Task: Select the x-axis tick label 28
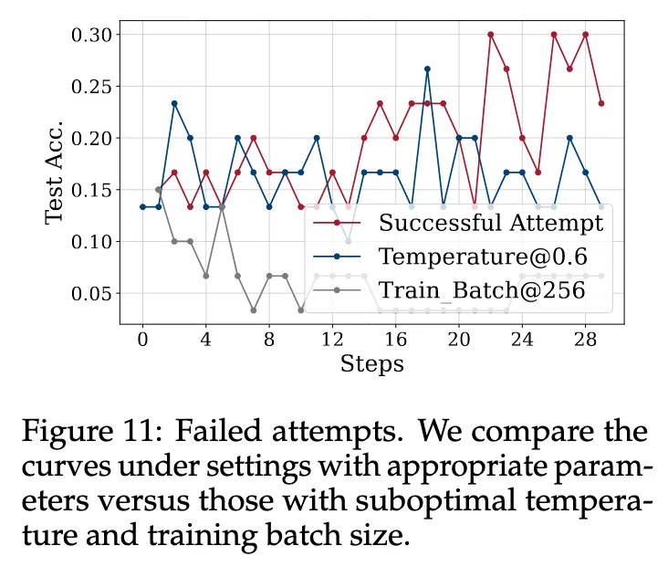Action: (585, 339)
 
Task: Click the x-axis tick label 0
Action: (142, 339)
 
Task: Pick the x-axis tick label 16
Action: (395, 339)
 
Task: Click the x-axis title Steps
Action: (371, 364)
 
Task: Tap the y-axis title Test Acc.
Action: (55, 173)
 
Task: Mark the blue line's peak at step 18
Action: (427, 68)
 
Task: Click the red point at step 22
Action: (490, 35)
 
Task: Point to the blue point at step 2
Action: (174, 103)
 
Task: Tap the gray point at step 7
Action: (253, 310)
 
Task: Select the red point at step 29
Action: (601, 103)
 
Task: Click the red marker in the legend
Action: (338, 222)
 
